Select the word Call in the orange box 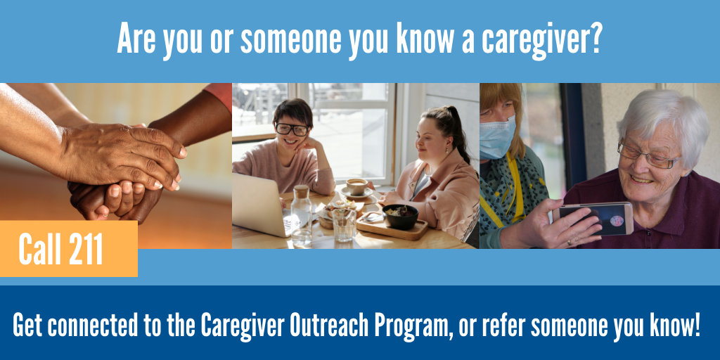39,250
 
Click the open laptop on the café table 257,205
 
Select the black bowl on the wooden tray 399,215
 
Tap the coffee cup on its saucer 356,187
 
